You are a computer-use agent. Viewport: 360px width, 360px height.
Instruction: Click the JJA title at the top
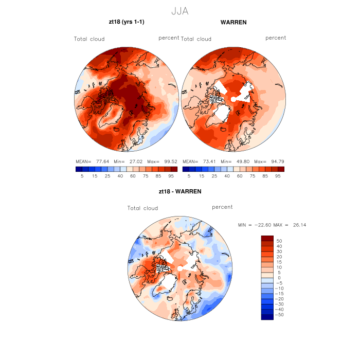(x=179, y=11)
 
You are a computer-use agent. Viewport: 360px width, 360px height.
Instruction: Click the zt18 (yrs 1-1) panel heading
(x=127, y=23)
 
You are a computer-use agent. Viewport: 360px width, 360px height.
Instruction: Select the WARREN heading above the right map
(x=233, y=23)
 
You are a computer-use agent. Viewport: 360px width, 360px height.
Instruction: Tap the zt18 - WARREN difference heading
(x=180, y=191)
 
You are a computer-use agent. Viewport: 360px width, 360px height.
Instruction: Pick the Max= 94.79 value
(x=271, y=161)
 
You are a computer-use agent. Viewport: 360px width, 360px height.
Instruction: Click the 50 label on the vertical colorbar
(x=280, y=241)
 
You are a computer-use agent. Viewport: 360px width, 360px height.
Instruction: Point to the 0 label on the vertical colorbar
(x=278, y=278)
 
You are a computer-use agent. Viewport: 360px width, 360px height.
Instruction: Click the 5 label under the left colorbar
(x=82, y=176)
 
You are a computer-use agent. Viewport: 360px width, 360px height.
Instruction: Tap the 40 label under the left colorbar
(x=119, y=176)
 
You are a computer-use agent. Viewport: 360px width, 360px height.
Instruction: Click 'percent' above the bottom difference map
(x=222, y=207)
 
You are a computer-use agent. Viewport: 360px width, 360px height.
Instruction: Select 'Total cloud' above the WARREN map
(x=196, y=39)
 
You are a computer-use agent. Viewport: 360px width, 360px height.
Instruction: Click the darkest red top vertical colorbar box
(x=267, y=238)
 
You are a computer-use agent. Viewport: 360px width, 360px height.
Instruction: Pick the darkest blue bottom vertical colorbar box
(x=267, y=317)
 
